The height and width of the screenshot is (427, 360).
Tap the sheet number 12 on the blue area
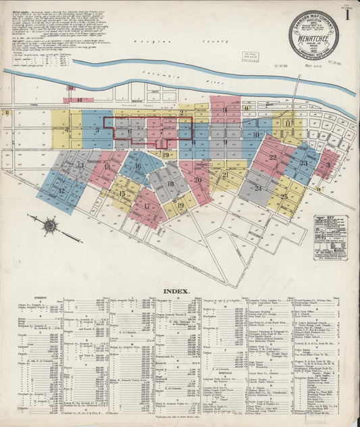(x=61, y=191)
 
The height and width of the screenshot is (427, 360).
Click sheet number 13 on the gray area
(x=80, y=165)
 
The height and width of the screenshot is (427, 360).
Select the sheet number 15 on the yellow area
(x=122, y=194)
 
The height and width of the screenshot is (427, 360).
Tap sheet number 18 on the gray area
(x=170, y=184)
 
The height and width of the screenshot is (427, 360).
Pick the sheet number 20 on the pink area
(x=198, y=180)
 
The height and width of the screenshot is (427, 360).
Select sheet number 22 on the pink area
(x=273, y=157)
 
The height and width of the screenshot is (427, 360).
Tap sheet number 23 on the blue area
(x=304, y=163)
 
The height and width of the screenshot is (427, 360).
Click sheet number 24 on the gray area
(x=258, y=188)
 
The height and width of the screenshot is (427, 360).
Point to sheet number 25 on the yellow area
(x=284, y=197)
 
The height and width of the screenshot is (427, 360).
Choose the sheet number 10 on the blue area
(x=256, y=134)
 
